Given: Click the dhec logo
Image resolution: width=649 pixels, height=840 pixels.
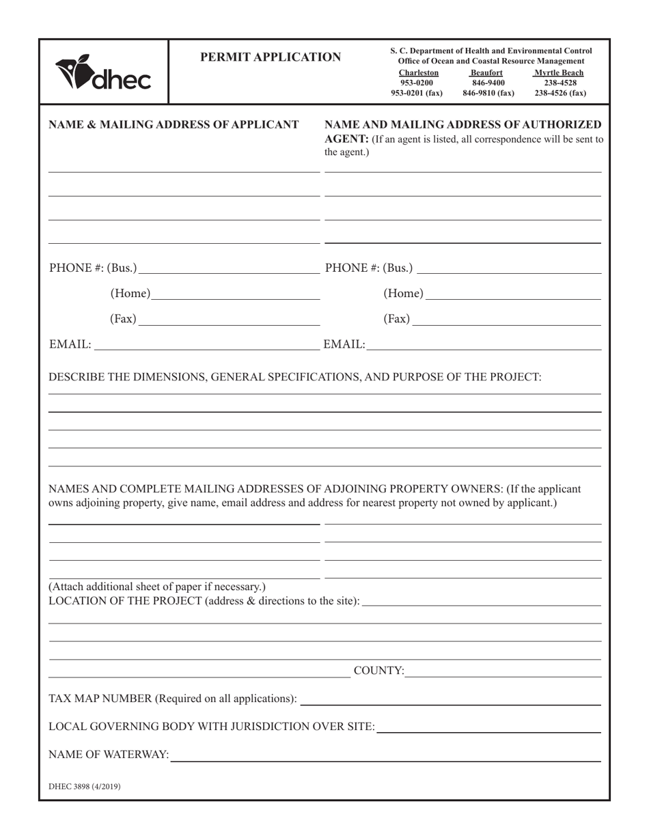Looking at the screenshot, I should click(x=103, y=73).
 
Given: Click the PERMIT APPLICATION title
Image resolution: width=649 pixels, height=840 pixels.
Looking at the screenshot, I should click(x=271, y=57).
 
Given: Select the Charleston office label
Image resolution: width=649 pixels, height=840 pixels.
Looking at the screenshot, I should click(x=418, y=73).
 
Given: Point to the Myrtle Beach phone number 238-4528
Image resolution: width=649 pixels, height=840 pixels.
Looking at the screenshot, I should click(x=560, y=83).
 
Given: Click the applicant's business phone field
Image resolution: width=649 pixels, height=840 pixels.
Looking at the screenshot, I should click(x=228, y=267).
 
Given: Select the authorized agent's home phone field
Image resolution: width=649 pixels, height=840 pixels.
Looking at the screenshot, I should click(x=512, y=294).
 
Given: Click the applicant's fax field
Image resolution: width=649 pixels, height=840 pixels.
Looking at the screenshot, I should click(x=228, y=319).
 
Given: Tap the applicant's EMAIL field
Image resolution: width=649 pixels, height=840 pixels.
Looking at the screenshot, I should click(x=206, y=345).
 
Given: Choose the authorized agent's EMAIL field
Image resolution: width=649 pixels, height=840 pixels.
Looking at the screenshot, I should click(x=483, y=345).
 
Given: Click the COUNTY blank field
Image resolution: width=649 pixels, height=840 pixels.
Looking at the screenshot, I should click(x=503, y=671).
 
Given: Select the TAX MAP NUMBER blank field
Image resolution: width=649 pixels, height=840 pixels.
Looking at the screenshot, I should click(x=450, y=699).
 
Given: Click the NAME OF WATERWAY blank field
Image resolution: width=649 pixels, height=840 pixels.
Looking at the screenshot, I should click(x=385, y=755).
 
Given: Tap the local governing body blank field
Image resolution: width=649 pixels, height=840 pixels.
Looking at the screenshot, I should click(x=488, y=727).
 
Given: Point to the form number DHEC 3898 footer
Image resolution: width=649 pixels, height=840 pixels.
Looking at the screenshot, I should click(x=85, y=787).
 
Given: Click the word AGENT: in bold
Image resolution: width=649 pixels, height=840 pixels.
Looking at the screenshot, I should click(x=346, y=139).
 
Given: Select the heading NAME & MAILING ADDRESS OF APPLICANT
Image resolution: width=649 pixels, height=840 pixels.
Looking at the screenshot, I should click(x=174, y=125).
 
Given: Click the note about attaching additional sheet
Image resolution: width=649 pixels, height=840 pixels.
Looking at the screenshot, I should click(x=157, y=587).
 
